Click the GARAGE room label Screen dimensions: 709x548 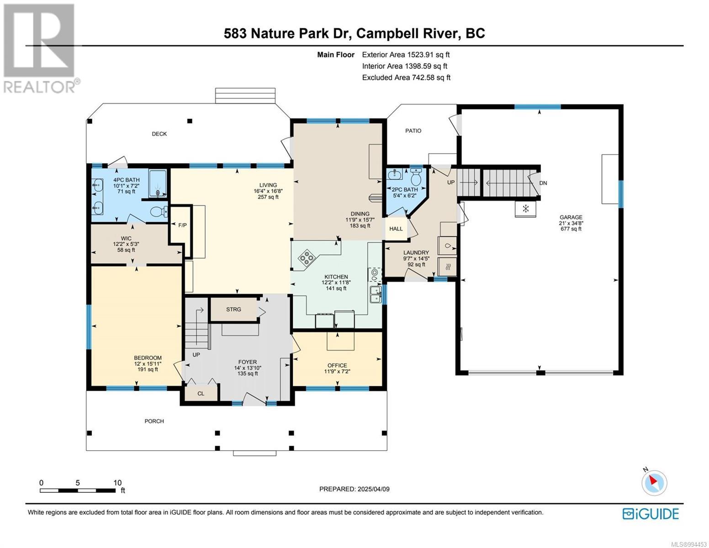(571, 217)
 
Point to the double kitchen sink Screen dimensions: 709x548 (376, 294)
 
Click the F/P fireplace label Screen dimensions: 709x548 (182, 225)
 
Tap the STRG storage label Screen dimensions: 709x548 (233, 309)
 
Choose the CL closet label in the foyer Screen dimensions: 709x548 (201, 394)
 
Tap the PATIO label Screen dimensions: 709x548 (413, 131)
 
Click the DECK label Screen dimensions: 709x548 (159, 134)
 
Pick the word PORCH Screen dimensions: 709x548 (154, 421)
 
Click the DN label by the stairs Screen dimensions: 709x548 (543, 183)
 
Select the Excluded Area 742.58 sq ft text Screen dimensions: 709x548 (406, 78)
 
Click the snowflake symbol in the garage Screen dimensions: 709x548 (526, 209)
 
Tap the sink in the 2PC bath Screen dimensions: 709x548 (395, 175)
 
